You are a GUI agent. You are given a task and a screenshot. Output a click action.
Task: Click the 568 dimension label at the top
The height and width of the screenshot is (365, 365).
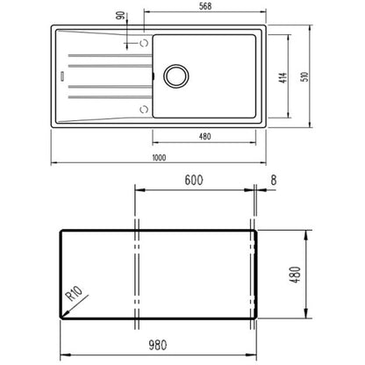205,6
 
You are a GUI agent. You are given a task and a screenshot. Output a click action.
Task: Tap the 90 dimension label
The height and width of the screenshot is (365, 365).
120,16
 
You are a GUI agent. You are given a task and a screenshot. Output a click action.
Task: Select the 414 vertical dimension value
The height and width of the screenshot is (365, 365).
283,78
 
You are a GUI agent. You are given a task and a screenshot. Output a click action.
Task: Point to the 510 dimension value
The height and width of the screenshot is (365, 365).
304,77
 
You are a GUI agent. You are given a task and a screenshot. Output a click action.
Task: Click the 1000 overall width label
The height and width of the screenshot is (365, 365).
160,158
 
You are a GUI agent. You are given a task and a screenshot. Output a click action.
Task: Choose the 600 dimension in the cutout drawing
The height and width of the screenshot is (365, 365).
194,180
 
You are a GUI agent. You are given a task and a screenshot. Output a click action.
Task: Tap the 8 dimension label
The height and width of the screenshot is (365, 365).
274,180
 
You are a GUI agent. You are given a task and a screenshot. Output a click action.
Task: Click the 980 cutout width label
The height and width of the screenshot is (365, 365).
158,345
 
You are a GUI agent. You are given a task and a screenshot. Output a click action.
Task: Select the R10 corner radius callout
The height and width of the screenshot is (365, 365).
74,293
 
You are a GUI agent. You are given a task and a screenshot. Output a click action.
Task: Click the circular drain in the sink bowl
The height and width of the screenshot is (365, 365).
176,75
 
